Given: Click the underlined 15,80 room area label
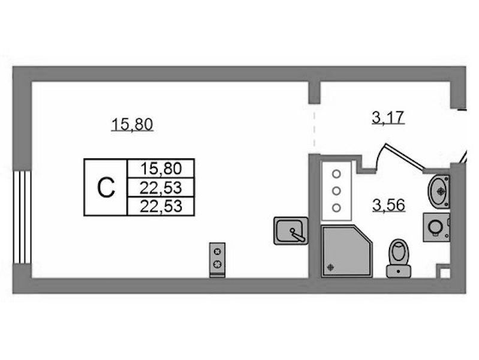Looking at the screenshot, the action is click(x=132, y=125).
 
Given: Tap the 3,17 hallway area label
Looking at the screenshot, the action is click(x=388, y=118).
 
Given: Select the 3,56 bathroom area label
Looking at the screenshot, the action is click(x=389, y=205).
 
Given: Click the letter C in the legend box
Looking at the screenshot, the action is click(x=106, y=188).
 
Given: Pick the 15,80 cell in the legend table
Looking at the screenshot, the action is click(x=161, y=168).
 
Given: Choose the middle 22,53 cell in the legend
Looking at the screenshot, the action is click(x=161, y=187).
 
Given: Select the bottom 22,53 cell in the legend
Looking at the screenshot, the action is click(x=161, y=206).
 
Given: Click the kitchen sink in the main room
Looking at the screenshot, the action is click(x=291, y=230).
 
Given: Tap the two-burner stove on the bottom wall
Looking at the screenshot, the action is click(x=218, y=260).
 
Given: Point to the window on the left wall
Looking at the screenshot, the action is click(x=22, y=217).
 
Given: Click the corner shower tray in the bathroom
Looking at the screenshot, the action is click(x=347, y=251).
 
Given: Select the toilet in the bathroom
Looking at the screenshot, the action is click(x=399, y=259).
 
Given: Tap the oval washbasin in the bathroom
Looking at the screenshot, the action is click(x=439, y=191).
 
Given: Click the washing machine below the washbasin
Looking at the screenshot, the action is click(x=436, y=227).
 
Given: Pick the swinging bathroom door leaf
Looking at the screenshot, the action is click(x=405, y=156).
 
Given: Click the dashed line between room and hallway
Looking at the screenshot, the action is click(x=314, y=129).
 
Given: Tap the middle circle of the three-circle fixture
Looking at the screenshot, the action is click(x=336, y=191).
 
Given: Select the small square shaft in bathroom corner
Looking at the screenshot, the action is click(x=445, y=273).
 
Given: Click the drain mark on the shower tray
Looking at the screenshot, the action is click(x=330, y=268).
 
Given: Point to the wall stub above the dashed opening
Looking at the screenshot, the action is click(x=314, y=92).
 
